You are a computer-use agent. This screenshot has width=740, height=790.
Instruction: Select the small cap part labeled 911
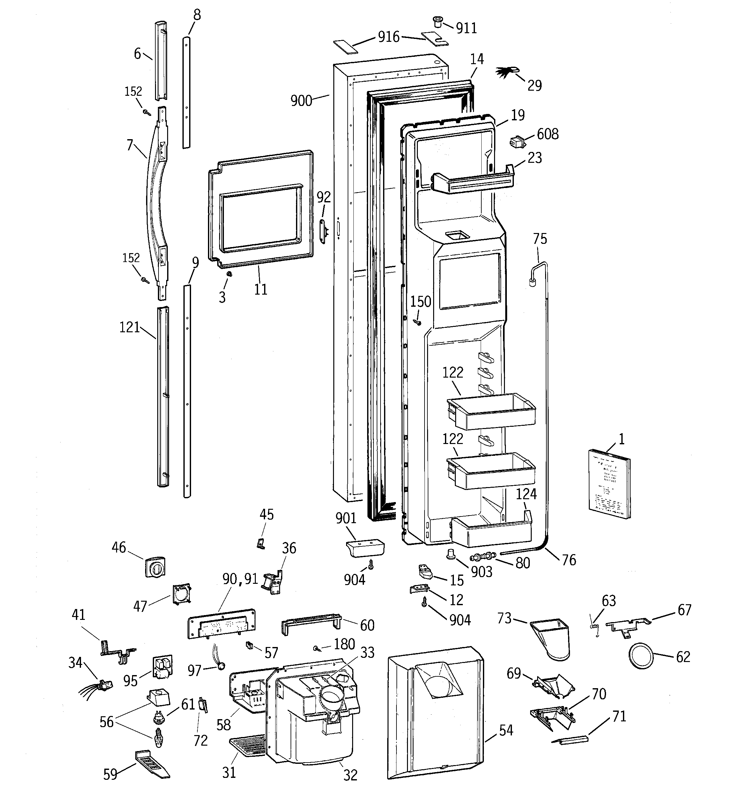(438, 21)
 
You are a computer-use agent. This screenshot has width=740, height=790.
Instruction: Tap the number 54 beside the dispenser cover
(506, 730)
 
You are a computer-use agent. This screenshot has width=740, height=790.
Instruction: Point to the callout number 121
(129, 327)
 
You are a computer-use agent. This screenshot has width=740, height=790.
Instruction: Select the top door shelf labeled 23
(473, 182)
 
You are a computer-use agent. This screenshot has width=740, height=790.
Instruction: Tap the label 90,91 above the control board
(240, 579)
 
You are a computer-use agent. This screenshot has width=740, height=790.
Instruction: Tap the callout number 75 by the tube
(540, 239)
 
